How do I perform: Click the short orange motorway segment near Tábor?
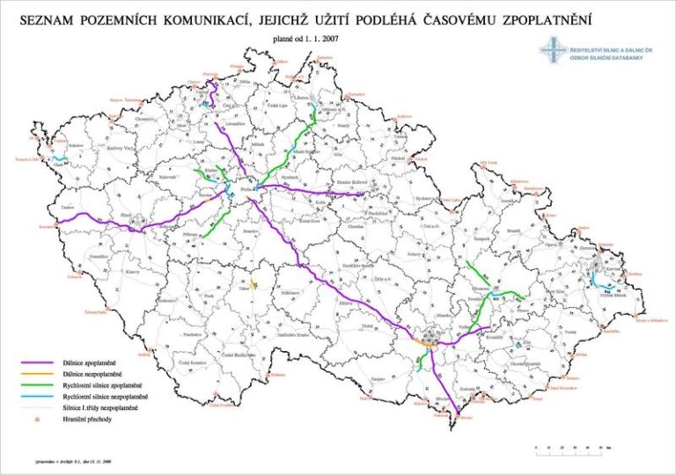click(x=253, y=283)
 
